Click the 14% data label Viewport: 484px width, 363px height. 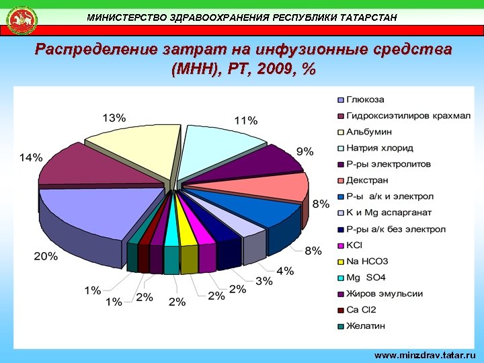pos(30,157)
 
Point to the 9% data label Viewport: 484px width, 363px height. pos(305,151)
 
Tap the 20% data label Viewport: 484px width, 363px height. pos(46,256)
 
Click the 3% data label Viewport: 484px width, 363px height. pos(264,280)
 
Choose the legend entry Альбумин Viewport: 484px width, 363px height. pos(370,132)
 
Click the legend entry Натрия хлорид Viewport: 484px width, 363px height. pos(379,148)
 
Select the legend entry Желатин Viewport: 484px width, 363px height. pos(366,326)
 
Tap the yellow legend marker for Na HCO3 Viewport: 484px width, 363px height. pos(341,261)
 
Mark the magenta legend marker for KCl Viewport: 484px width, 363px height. pos(341,245)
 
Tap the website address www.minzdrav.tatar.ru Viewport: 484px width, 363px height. pos(424,354)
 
